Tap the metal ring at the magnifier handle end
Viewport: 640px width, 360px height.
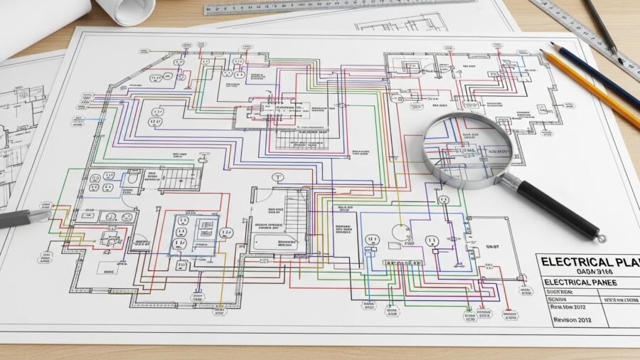pyautogui.click(x=602, y=238)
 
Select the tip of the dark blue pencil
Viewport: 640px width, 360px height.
pyautogui.click(x=552, y=45)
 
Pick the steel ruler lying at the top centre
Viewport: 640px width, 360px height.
pyautogui.click(x=334, y=6)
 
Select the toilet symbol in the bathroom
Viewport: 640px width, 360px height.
pyautogui.click(x=129, y=181)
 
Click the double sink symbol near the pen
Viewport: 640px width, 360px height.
pyautogui.click(x=110, y=216)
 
